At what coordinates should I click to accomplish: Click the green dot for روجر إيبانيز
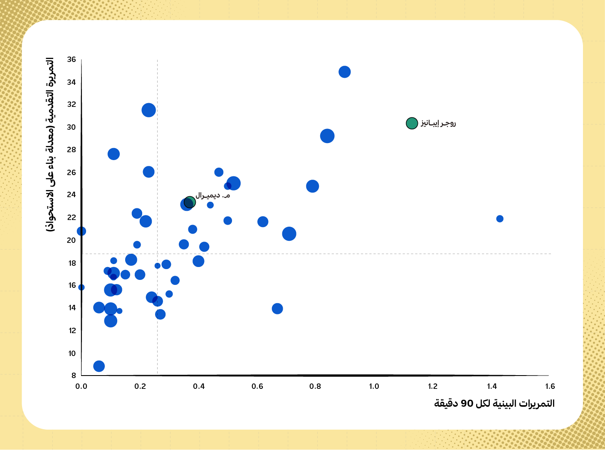[x=412, y=123]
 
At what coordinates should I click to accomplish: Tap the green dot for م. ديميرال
[x=190, y=202]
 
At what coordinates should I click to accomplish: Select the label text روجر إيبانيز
[x=438, y=124]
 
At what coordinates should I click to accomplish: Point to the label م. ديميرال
[x=213, y=195]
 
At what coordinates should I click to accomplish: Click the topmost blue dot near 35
[x=345, y=72]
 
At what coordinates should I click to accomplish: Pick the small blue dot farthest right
[x=499, y=219]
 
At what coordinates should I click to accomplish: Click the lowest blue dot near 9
[x=99, y=366]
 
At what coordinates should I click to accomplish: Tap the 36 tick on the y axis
[x=72, y=59]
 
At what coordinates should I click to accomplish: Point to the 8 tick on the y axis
[x=74, y=375]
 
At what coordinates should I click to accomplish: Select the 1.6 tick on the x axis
[x=550, y=386]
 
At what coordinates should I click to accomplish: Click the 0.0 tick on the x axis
[x=81, y=386]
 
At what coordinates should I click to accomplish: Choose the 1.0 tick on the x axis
[x=374, y=386]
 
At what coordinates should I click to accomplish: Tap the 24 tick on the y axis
[x=72, y=195]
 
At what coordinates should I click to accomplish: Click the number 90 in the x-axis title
[x=467, y=403]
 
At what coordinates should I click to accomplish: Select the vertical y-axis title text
[x=50, y=145]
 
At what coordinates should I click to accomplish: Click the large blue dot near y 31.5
[x=149, y=110]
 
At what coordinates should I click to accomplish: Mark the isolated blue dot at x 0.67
[x=277, y=309]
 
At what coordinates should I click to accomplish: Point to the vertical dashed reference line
[x=158, y=217]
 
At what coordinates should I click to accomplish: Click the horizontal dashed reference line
[x=316, y=254]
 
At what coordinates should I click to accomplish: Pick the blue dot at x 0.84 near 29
[x=327, y=136]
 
